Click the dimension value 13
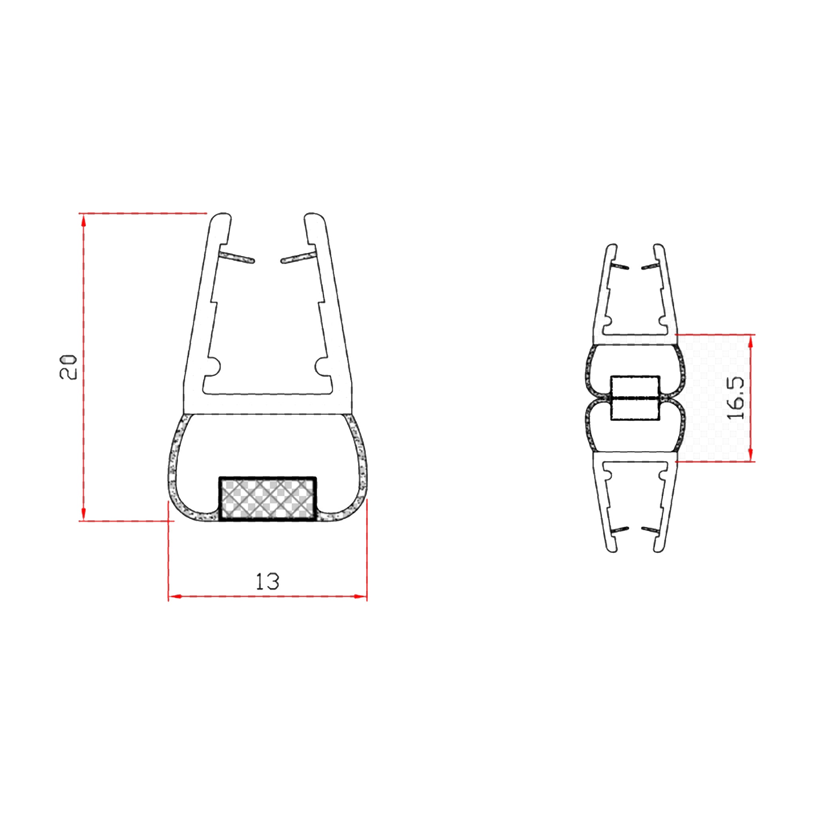[268, 582]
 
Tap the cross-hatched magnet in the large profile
[267, 499]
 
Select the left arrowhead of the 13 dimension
[175, 596]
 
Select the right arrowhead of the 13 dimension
[360, 596]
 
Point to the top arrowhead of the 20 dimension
[84, 220]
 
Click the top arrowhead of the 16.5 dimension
[751, 340]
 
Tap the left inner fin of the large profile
[237, 258]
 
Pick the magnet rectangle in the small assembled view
[635, 398]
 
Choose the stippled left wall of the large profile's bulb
[174, 461]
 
